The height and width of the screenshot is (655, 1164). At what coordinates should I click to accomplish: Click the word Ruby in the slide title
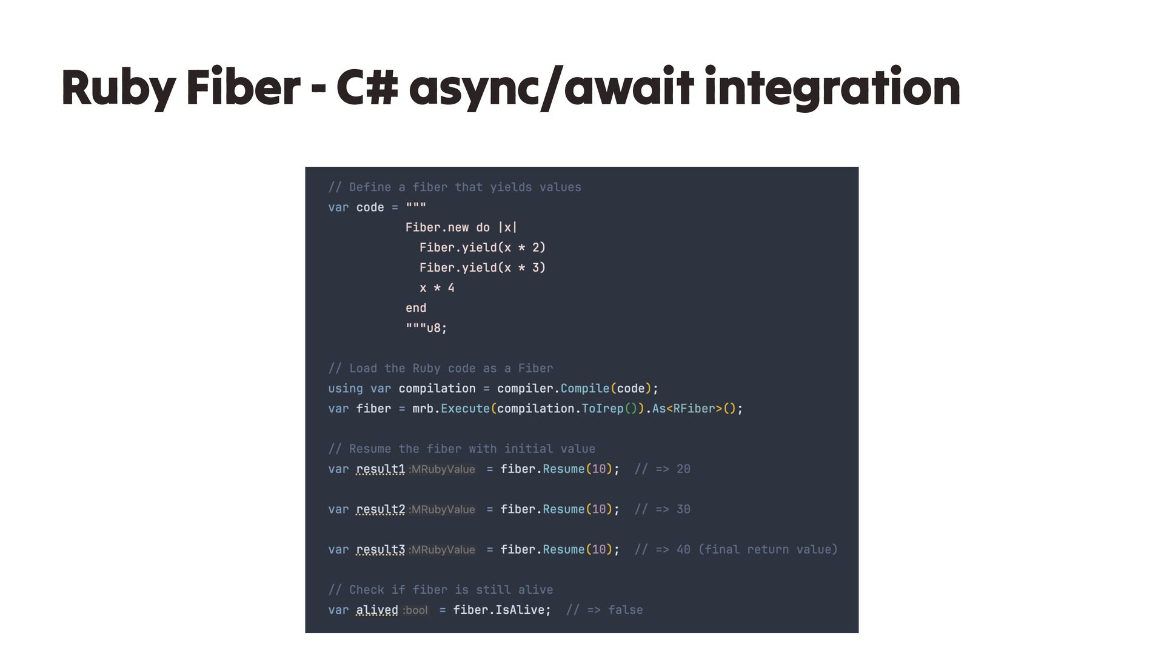(x=119, y=89)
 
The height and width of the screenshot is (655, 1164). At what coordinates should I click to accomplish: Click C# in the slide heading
(x=367, y=89)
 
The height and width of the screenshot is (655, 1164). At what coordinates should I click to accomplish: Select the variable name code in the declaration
(x=370, y=207)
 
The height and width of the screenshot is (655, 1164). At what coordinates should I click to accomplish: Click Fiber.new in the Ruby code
(x=436, y=227)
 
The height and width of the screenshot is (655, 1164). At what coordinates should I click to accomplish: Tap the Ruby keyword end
(x=416, y=308)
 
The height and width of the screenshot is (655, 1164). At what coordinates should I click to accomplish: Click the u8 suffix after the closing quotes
(x=433, y=329)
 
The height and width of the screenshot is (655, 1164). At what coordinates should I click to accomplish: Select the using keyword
(x=346, y=389)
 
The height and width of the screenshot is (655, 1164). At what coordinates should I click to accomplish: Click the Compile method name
(x=584, y=389)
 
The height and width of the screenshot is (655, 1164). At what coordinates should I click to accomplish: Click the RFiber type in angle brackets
(x=694, y=409)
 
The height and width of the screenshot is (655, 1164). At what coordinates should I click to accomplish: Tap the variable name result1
(x=380, y=469)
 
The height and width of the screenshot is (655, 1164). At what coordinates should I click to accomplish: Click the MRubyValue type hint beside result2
(x=443, y=510)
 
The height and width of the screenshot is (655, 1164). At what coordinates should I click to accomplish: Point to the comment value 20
(x=683, y=469)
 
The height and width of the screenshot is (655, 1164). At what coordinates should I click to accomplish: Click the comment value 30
(x=683, y=509)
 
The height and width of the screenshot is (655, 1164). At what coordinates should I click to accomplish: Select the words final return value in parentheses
(x=768, y=550)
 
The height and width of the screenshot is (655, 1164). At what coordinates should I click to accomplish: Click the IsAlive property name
(x=520, y=610)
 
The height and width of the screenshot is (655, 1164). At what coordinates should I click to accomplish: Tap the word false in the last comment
(x=625, y=610)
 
